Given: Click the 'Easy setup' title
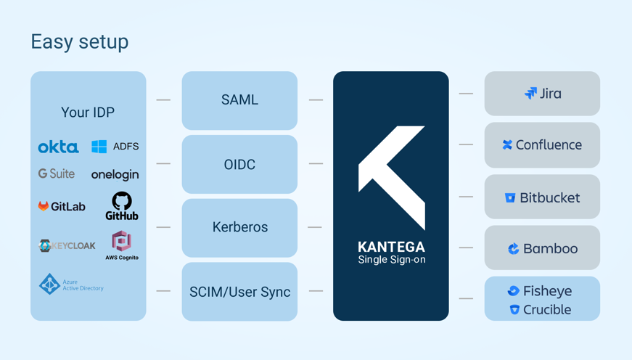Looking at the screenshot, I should click(x=79, y=42).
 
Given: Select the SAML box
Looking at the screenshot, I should click(x=239, y=100).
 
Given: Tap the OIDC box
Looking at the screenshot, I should click(x=239, y=164).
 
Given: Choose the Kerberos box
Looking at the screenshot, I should click(x=239, y=227).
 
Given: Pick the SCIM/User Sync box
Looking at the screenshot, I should click(x=239, y=291).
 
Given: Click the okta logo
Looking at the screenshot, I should click(x=58, y=147).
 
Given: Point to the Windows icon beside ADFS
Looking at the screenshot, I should click(x=99, y=147).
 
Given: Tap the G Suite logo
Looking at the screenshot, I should click(x=57, y=173).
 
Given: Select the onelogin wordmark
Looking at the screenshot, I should click(x=115, y=175).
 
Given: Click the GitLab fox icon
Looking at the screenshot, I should click(x=44, y=206).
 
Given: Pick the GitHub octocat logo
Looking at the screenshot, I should click(x=122, y=201).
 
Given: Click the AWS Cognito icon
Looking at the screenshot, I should click(x=121, y=241).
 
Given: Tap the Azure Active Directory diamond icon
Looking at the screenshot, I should click(x=49, y=284).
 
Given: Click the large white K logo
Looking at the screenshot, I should click(x=392, y=177).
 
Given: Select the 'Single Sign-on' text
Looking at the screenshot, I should click(x=392, y=260).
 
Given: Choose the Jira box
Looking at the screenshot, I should click(x=542, y=94).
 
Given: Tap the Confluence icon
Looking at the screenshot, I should click(x=507, y=145).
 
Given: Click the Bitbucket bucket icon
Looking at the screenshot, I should click(x=510, y=197).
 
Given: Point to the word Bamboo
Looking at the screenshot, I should click(x=551, y=248).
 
